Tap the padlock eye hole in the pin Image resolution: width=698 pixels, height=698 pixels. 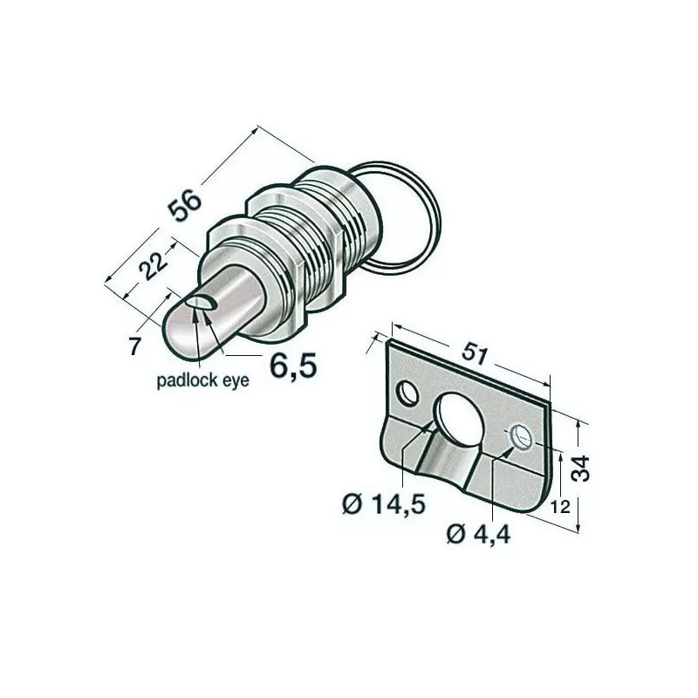tap(202, 303)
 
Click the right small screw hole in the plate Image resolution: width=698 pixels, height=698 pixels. tap(521, 435)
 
